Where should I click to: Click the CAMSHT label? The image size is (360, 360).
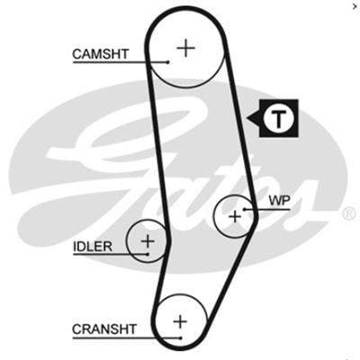pos(101,54)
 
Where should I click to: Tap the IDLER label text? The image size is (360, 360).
pos(93,247)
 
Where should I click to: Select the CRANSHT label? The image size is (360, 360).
pos(104,329)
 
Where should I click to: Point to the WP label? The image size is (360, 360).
pos(280,201)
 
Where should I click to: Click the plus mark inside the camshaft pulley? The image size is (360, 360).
pos(186,48)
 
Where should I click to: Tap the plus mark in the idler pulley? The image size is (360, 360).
pos(148,241)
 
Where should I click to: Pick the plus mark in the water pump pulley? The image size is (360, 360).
pos(235,216)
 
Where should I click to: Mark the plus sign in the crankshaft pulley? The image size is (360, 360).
pos(180,321)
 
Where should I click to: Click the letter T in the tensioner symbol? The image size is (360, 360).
pos(279,119)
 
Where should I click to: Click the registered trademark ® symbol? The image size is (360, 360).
pos(349,213)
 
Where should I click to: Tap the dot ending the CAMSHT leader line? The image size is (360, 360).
pos(168,62)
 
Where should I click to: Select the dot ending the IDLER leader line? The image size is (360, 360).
pos(148,254)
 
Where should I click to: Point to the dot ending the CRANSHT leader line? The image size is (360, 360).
pos(181,338)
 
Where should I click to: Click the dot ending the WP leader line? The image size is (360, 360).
pos(245,209)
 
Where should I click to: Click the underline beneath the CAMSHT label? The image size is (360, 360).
pos(121,62)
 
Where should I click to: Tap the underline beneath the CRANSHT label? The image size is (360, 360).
pos(126,338)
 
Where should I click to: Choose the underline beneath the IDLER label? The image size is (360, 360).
pos(111,255)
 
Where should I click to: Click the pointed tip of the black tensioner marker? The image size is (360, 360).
pos(247,118)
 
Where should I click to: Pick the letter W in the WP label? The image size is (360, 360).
pos(275,201)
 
